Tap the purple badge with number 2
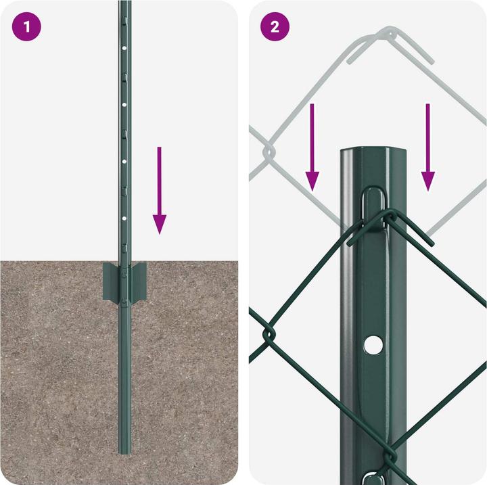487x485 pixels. coord(275,27)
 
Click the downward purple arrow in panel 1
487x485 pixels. coord(159,189)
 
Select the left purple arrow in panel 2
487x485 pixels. coord(312,145)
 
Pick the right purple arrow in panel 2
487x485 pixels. coord(427,145)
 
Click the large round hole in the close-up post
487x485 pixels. coord(371,345)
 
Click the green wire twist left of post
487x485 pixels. coord(269,334)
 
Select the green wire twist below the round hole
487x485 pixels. coord(391,460)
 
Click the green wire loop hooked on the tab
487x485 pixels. coord(389,220)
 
